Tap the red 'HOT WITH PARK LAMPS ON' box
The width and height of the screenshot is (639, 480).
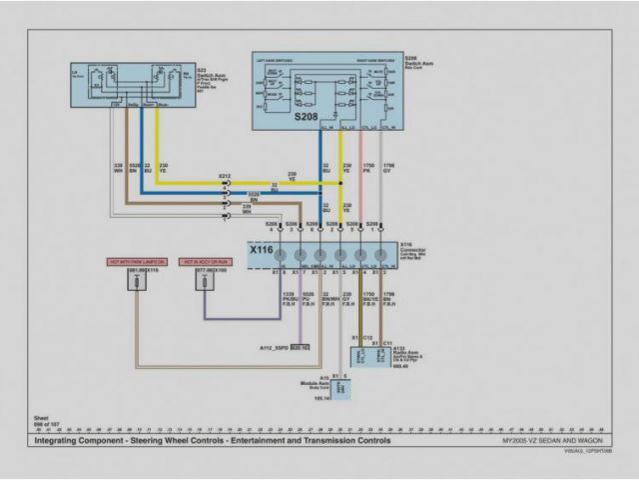click(x=137, y=261)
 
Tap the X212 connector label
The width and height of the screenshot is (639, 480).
click(x=226, y=176)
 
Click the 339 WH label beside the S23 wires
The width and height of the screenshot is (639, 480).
click(x=118, y=168)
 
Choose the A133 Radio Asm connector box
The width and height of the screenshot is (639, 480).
click(x=368, y=356)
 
